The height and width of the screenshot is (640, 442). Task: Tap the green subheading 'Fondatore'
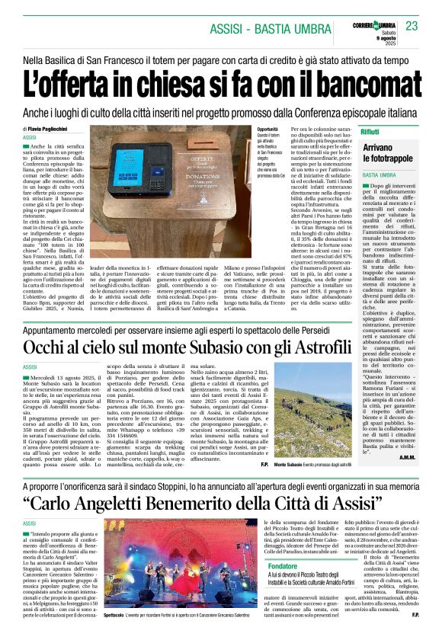coord(283,566)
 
